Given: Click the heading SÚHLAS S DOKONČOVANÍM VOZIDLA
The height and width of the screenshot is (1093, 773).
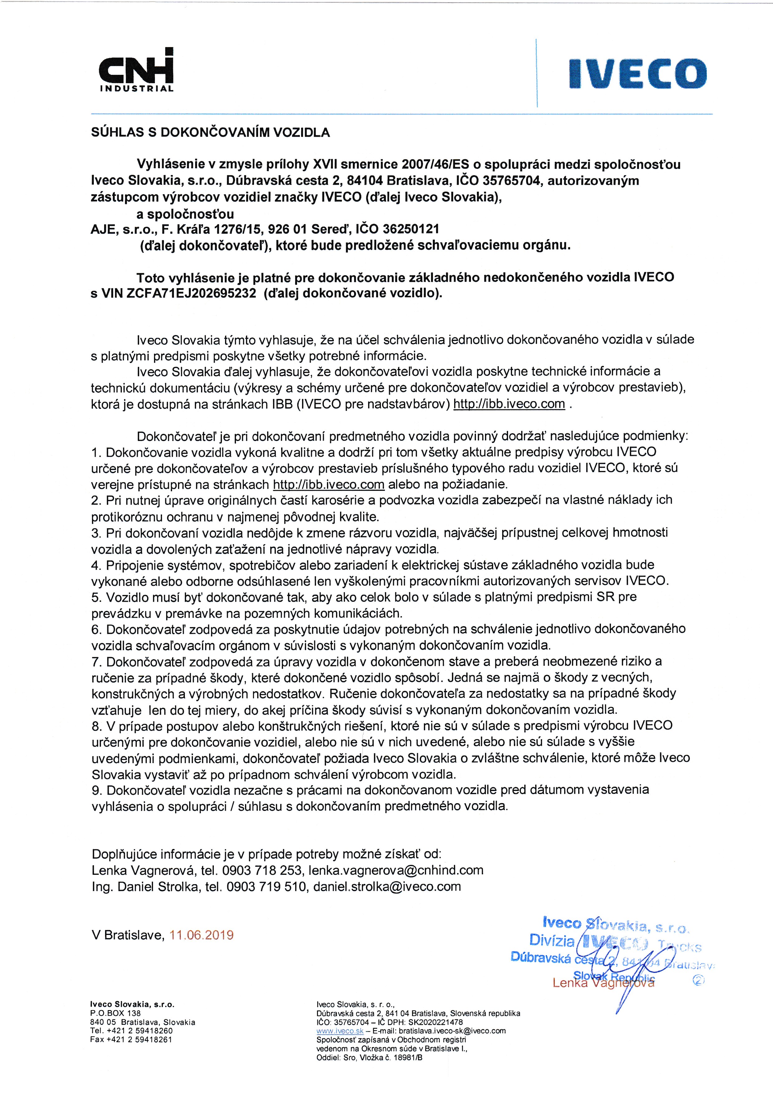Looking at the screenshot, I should point(210,132).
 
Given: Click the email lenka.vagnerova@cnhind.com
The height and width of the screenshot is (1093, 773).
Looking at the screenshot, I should point(396,870).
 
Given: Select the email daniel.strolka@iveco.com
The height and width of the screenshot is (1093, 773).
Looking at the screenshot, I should point(387,886).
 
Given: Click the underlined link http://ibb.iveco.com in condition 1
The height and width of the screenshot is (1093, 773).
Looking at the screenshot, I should point(329,485).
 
